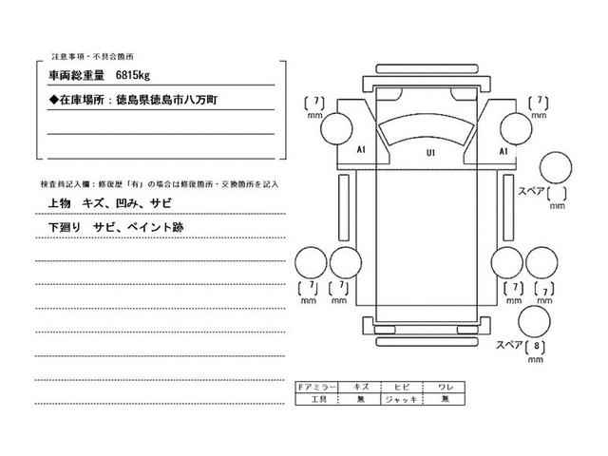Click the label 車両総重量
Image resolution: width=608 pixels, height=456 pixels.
(78, 74)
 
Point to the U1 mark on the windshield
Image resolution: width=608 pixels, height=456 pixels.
(430, 153)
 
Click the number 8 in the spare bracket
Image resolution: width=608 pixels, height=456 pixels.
(539, 348)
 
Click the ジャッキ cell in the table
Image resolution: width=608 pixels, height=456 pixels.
(400, 401)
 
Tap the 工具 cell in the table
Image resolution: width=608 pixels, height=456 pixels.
(316, 401)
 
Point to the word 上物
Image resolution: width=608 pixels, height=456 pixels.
(59, 204)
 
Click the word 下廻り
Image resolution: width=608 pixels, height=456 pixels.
(64, 229)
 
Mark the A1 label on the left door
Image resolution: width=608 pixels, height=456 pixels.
(362, 151)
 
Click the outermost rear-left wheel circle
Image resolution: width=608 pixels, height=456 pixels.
(311, 262)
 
